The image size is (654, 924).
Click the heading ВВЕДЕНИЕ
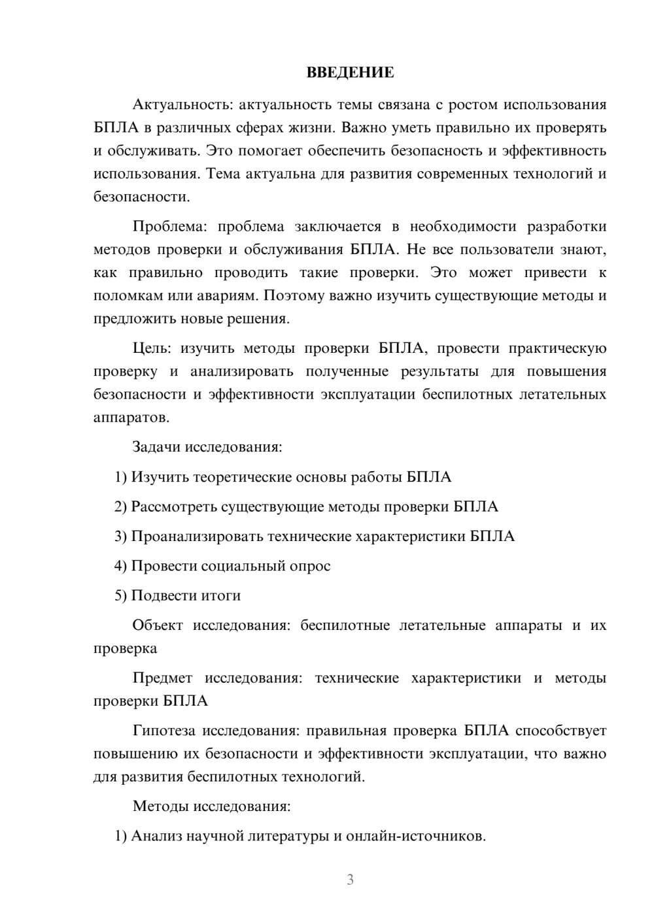tap(350, 73)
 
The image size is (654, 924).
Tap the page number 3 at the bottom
tap(350, 880)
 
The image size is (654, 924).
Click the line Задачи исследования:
tap(207, 448)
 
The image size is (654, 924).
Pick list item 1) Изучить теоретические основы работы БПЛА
tap(283, 477)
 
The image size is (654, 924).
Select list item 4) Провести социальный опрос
tap(222, 566)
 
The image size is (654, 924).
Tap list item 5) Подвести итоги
tap(177, 595)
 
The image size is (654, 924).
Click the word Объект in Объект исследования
tap(158, 625)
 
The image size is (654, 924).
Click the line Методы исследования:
tap(211, 806)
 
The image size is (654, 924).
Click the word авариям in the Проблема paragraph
tap(228, 295)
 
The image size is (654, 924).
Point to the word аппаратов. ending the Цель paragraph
tap(131, 418)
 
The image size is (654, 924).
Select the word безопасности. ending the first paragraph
tap(141, 197)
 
